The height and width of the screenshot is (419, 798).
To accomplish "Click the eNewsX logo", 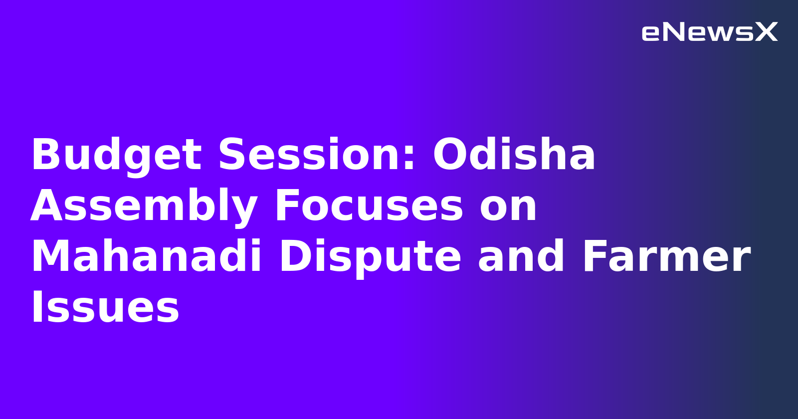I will pyautogui.click(x=709, y=32).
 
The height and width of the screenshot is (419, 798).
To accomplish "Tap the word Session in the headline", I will pyautogui.click(x=312, y=155).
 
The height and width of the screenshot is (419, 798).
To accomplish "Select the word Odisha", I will pyautogui.click(x=514, y=155).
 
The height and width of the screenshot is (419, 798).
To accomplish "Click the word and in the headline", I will pyautogui.click(x=521, y=256).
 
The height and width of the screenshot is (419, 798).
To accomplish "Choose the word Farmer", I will pyautogui.click(x=666, y=256).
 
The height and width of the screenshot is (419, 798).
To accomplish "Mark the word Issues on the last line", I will pyautogui.click(x=105, y=307).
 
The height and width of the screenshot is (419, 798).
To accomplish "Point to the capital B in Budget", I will pyautogui.click(x=45, y=155).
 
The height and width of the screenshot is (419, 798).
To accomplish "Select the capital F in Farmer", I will pyautogui.click(x=596, y=256).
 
